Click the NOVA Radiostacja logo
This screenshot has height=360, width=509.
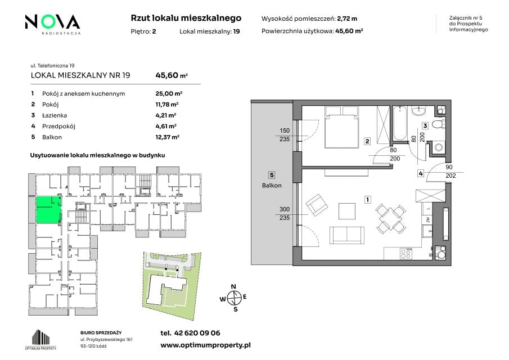click(x=52, y=24)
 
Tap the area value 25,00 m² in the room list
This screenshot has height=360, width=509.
click(x=169, y=93)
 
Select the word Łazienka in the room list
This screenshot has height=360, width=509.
click(x=55, y=115)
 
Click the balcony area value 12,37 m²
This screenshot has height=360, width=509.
click(x=167, y=137)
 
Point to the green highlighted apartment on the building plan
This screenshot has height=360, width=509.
click(x=48, y=210)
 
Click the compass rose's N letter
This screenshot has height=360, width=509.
click(x=233, y=287)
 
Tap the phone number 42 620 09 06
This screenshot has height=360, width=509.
click(x=197, y=333)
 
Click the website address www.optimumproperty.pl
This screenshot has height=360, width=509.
click(x=205, y=345)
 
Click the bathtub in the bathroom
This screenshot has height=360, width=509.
click(x=400, y=123)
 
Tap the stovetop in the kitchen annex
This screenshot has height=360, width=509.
click(x=406, y=253)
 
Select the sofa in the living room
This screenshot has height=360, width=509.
click(x=346, y=235)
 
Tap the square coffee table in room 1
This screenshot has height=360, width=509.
click(x=347, y=211)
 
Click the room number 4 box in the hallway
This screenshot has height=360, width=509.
click(x=421, y=173)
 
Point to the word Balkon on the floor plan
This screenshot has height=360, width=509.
click(x=272, y=186)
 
